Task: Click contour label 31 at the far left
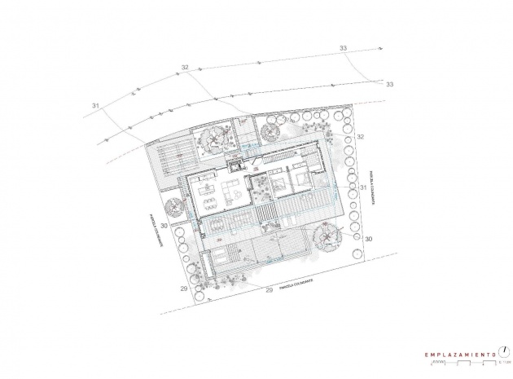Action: pos(96,106)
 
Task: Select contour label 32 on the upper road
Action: pos(185,67)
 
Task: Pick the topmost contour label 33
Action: pos(342,50)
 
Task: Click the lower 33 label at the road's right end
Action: pos(389,84)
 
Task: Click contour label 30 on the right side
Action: pos(367,239)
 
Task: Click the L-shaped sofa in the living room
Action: pos(230,194)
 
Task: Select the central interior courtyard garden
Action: pos(261,189)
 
